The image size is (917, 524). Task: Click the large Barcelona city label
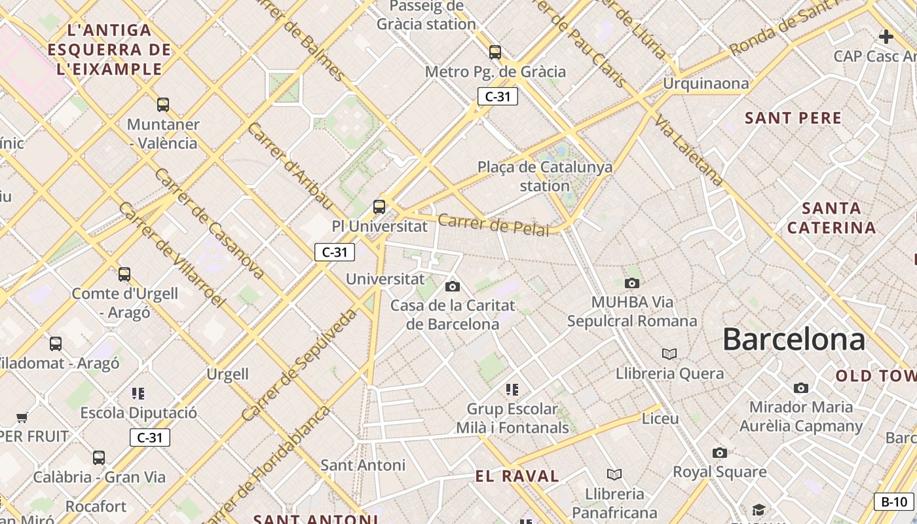(x=793, y=340)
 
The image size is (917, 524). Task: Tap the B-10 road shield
(x=893, y=502)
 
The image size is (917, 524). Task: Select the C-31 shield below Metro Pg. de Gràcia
(x=498, y=97)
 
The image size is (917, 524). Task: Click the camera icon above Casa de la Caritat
(x=452, y=286)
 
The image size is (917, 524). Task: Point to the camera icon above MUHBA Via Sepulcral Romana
(x=631, y=283)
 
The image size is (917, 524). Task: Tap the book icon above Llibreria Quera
(x=669, y=354)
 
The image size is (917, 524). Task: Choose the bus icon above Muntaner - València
(x=162, y=104)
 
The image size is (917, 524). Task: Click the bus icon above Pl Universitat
(x=379, y=207)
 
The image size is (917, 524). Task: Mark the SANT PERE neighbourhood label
(x=793, y=119)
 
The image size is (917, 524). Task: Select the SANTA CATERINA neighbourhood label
(x=831, y=218)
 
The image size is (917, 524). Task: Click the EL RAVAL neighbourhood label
(x=517, y=476)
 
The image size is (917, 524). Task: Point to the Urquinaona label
(x=705, y=83)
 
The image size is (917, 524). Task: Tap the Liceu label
(x=660, y=418)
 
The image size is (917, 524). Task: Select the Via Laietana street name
(x=690, y=151)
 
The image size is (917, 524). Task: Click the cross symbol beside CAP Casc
(x=886, y=37)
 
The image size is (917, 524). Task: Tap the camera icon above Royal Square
(x=719, y=453)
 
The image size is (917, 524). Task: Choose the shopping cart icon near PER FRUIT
(x=22, y=417)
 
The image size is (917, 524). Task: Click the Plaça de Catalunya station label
(x=545, y=176)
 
